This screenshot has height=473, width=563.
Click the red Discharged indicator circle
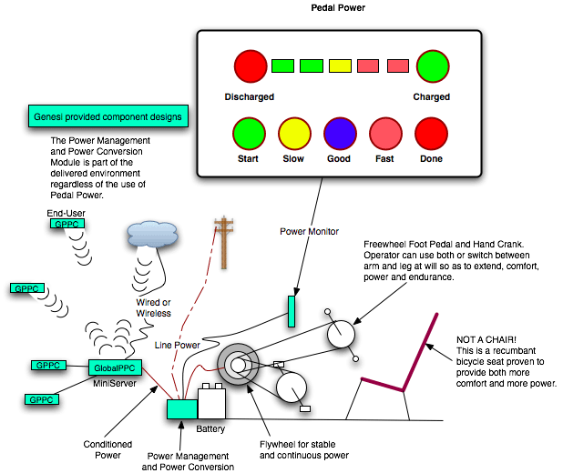[x=250, y=66]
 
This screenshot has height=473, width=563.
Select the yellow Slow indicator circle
[x=294, y=133]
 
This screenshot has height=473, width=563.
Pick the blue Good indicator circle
[x=340, y=133]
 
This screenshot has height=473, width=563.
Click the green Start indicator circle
[x=249, y=133]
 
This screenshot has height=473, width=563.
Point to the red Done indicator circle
[x=431, y=133]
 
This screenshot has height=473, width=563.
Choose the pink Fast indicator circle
[x=385, y=133]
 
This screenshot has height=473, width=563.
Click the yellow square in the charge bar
[x=340, y=65]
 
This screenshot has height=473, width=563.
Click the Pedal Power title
[x=339, y=7]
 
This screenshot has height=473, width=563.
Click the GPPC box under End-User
[x=65, y=224]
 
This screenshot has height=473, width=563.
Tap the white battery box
[x=211, y=401]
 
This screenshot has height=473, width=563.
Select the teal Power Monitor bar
[x=292, y=311]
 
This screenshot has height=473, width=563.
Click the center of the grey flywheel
[x=239, y=365]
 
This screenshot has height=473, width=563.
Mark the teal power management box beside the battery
[x=182, y=408]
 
